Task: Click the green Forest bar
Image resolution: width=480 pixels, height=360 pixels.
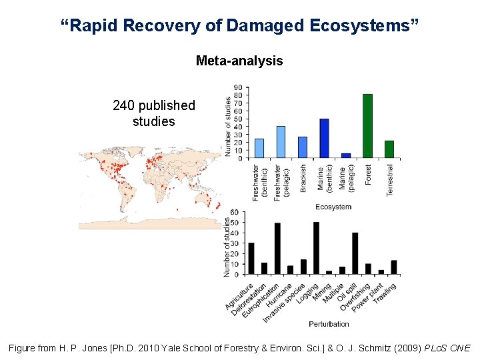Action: (x=367, y=126)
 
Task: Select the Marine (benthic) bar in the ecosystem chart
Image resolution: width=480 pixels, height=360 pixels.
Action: (x=324, y=139)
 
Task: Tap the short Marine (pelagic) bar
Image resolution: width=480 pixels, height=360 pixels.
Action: (x=345, y=155)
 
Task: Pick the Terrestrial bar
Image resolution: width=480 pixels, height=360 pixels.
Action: (x=389, y=149)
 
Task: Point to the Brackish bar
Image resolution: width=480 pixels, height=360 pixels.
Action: (x=302, y=147)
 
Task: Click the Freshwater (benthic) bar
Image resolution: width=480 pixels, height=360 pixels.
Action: (x=259, y=148)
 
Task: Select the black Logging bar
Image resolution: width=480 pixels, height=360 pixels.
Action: (x=316, y=248)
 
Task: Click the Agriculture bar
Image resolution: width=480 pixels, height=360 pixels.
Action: (x=251, y=259)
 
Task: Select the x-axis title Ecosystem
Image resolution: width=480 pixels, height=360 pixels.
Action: (x=333, y=207)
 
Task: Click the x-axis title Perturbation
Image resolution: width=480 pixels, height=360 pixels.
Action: (x=329, y=324)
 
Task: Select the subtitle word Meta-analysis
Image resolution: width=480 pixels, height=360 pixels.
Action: (x=239, y=61)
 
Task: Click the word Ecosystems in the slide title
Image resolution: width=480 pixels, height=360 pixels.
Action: (x=364, y=26)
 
